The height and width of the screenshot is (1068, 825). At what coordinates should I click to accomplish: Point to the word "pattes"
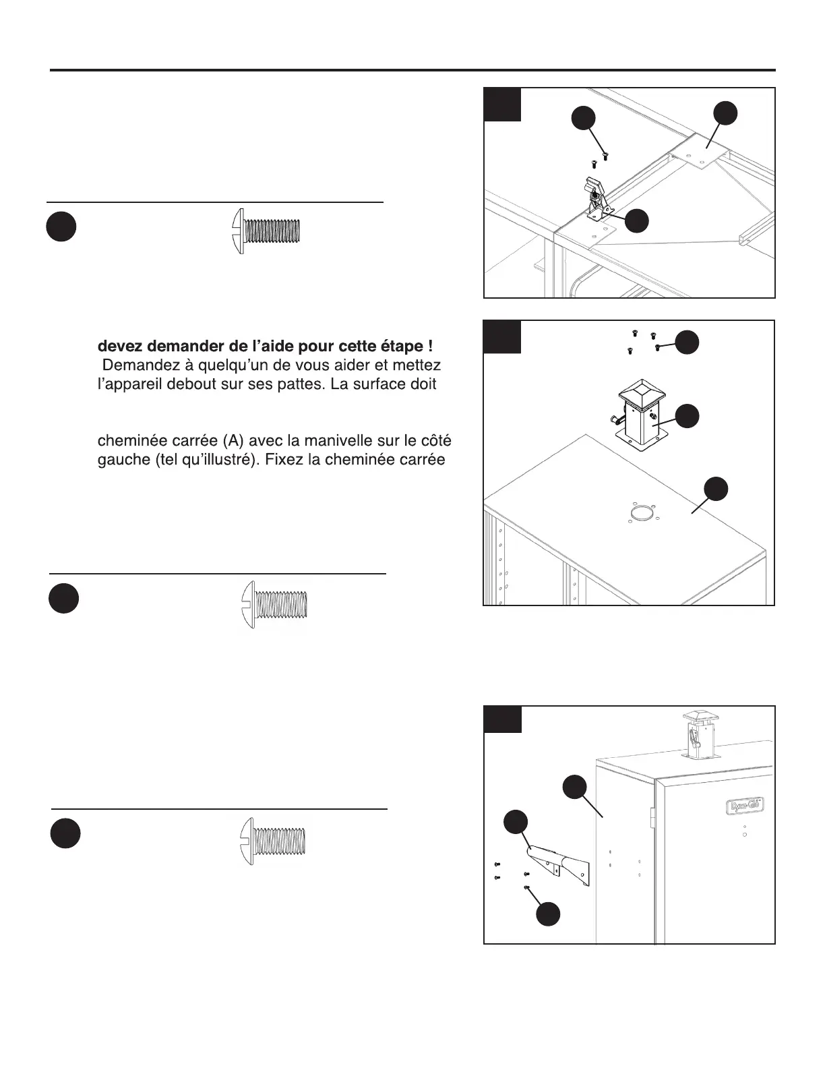292,384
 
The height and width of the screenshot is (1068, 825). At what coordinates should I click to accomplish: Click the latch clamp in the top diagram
594,196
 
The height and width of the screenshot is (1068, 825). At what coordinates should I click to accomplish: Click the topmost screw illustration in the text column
266,231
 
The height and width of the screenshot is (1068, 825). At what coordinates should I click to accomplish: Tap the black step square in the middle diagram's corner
503,337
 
